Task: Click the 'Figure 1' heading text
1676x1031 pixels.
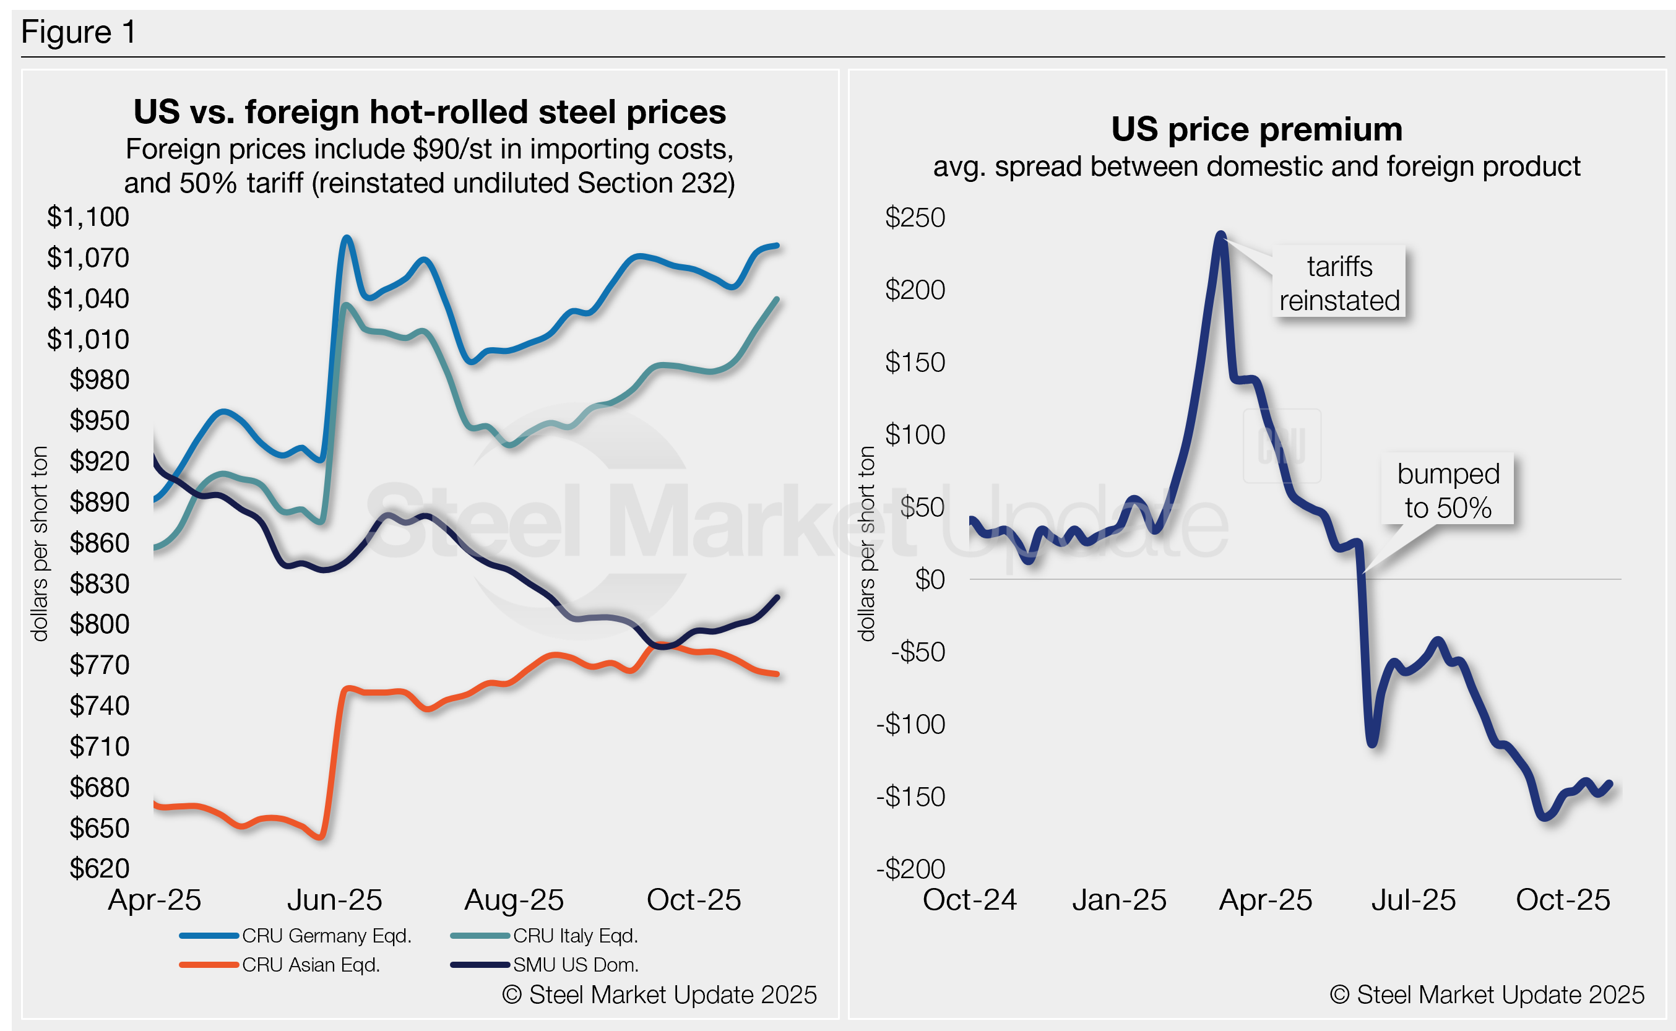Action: [x=79, y=32]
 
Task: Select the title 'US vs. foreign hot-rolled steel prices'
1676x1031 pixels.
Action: [x=430, y=112]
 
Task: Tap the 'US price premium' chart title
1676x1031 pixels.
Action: [x=1256, y=129]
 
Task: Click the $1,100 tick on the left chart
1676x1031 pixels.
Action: [x=88, y=217]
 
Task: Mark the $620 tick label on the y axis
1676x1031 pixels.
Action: [x=99, y=868]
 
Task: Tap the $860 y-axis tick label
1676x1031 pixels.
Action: [x=99, y=543]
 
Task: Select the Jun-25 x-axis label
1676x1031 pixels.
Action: [x=334, y=900]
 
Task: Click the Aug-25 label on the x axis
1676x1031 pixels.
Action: [x=514, y=900]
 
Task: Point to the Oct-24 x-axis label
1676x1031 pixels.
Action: [x=969, y=900]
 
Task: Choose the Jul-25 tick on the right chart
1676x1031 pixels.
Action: [x=1414, y=900]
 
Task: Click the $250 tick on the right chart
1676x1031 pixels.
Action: [x=914, y=217]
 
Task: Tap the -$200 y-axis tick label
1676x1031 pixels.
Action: [x=910, y=869]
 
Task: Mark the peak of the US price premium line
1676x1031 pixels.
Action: [x=1220, y=235]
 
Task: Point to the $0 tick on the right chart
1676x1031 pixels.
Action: [x=930, y=580]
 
